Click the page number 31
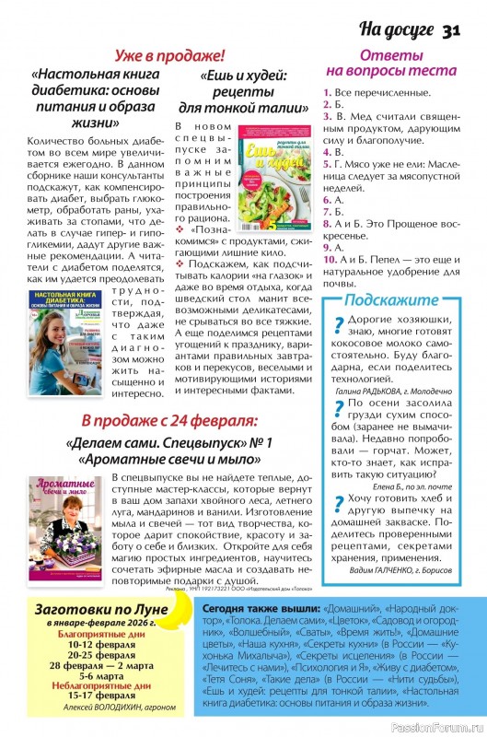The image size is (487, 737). coord(450,30)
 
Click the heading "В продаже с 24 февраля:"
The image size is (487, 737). coord(168,422)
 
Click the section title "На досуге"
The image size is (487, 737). coord(397,30)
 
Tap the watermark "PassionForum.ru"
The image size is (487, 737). coord(436,727)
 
